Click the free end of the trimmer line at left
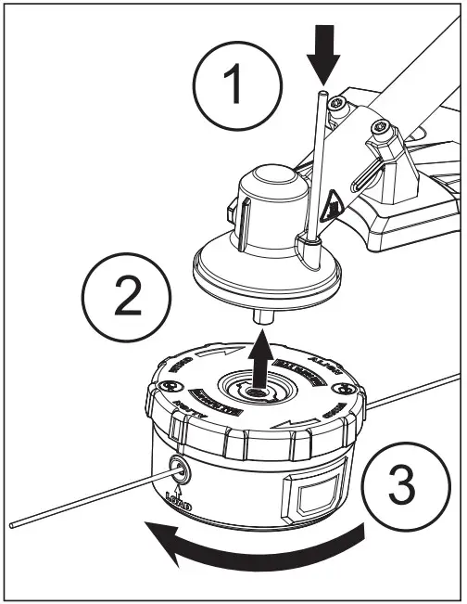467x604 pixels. click(x=11, y=524)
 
